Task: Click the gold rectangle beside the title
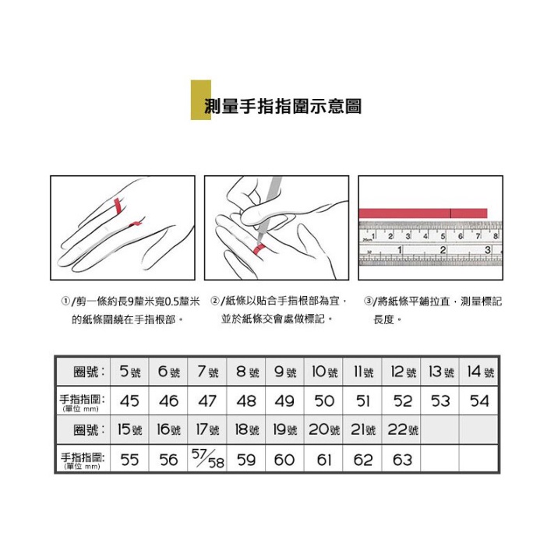tap(201, 100)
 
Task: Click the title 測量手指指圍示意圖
tap(283, 106)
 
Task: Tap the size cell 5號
tap(130, 372)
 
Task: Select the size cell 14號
tap(480, 372)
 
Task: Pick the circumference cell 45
tap(129, 401)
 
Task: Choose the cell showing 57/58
tap(208, 459)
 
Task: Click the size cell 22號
tap(402, 430)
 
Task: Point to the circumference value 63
tap(402, 460)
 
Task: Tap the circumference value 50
tap(324, 401)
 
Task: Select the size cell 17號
tap(208, 430)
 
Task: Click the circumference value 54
tap(479, 401)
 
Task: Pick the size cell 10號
tap(324, 372)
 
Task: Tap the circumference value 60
tap(284, 460)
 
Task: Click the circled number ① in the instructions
tap(65, 301)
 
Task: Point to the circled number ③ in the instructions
tap(369, 301)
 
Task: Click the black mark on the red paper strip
tap(451, 214)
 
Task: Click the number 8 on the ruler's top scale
tap(496, 236)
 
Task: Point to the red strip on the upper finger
tap(118, 206)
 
